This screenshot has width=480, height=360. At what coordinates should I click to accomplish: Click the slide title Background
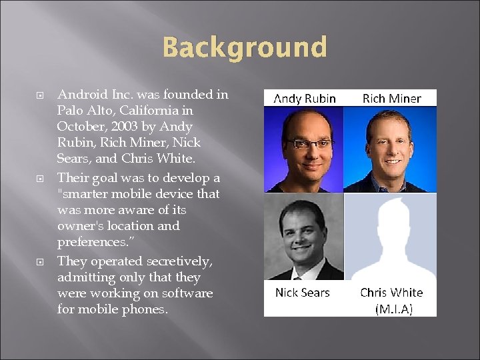[x=245, y=48]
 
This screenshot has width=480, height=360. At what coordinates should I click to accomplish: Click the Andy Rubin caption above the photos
[x=305, y=99]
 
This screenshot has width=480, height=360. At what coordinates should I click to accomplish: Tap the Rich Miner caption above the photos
[x=391, y=99]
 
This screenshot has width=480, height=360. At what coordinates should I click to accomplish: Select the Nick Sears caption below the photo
[x=302, y=293]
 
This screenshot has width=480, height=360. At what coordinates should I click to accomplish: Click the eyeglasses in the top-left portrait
[x=304, y=144]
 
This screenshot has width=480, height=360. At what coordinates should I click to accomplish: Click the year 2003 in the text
[x=107, y=127]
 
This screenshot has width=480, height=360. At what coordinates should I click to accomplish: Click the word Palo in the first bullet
[x=70, y=111]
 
